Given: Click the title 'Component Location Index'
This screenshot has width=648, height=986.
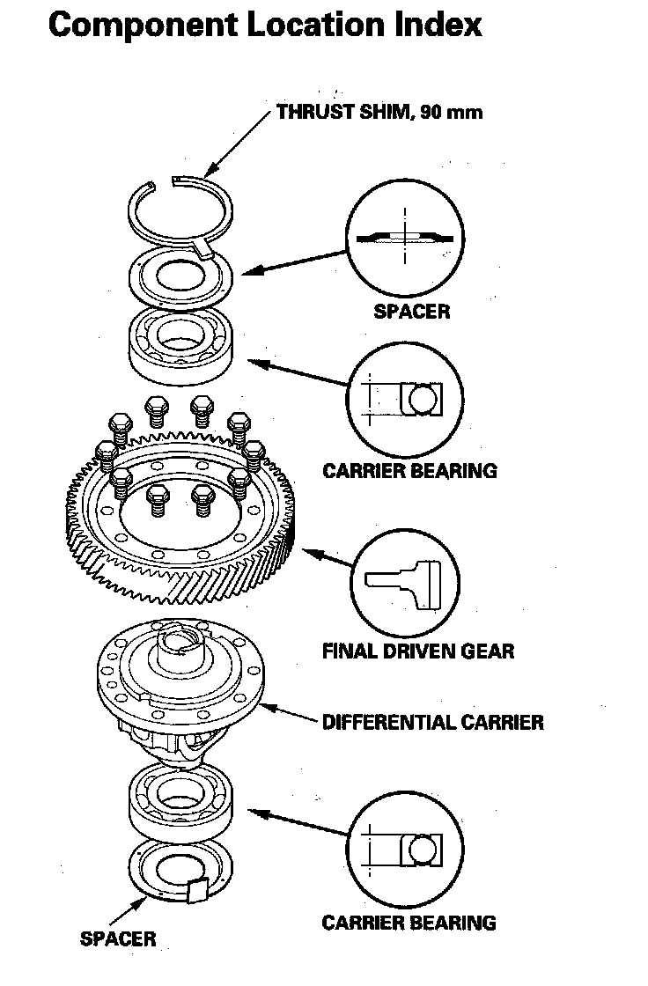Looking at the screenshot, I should [x=265, y=24].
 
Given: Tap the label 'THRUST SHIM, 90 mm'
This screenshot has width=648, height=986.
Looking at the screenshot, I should [x=379, y=112].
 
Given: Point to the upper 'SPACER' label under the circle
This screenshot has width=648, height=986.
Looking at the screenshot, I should [x=411, y=311].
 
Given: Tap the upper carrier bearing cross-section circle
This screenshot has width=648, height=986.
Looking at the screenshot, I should [x=405, y=398].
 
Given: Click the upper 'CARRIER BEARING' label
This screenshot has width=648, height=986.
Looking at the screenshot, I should [x=409, y=470].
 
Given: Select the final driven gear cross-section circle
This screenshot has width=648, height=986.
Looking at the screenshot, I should [x=406, y=581].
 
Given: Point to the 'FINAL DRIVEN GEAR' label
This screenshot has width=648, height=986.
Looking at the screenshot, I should [x=417, y=651].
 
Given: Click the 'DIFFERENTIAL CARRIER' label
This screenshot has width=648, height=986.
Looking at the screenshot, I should [x=432, y=723].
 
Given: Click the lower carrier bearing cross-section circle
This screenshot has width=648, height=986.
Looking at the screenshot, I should [x=405, y=851].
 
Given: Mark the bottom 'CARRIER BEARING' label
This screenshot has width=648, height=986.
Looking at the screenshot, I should [x=409, y=923].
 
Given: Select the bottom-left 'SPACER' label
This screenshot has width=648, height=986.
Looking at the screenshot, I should [x=117, y=938].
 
